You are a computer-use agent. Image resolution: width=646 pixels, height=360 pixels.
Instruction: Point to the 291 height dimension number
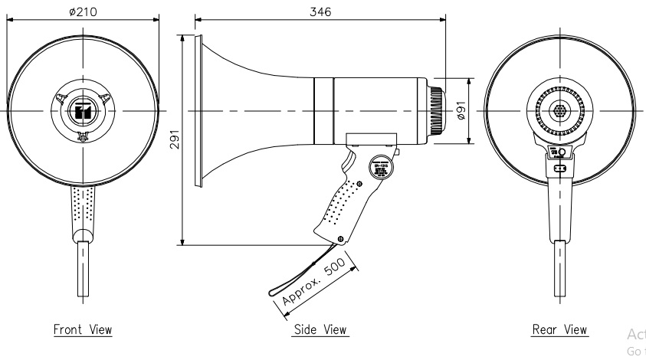click(175, 141)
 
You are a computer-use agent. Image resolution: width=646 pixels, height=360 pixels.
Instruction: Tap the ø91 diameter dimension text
click(461, 110)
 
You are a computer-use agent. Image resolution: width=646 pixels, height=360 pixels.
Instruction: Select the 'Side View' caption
click(320, 330)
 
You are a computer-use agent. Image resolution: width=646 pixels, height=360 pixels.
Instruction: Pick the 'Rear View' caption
click(560, 330)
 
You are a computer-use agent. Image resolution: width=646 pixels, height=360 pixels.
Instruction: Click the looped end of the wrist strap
click(274, 292)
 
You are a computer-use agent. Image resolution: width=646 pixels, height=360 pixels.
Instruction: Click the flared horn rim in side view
click(201, 111)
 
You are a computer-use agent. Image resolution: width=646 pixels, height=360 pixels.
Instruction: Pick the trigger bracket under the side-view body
click(371, 141)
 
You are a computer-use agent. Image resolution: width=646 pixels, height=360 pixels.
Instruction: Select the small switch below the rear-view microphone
click(560, 168)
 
